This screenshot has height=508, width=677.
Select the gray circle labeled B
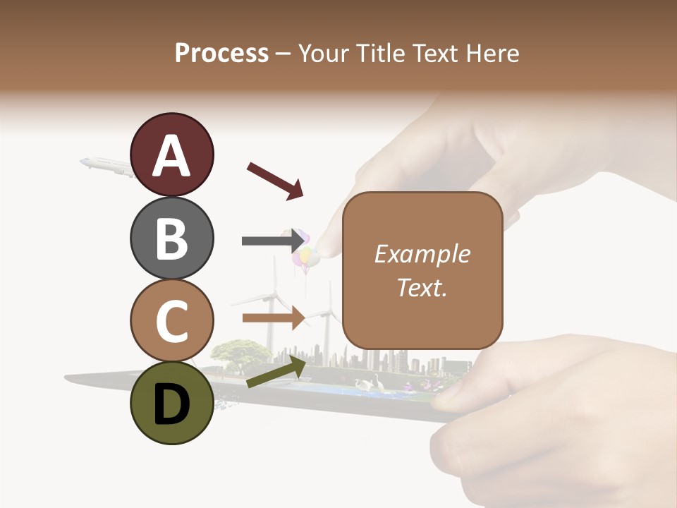click(x=171, y=238)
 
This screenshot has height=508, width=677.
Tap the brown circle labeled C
click(x=171, y=320)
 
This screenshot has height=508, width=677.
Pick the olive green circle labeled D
click(x=171, y=403)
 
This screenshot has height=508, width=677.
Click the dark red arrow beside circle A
click(x=275, y=180)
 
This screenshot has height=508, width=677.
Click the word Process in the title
click(x=221, y=53)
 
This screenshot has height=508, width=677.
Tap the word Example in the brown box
click(x=422, y=254)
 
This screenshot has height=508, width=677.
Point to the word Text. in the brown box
click(x=422, y=287)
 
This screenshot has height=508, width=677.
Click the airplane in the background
click(x=106, y=166)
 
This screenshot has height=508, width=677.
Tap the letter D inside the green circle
click(x=171, y=405)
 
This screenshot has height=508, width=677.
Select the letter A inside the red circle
click(x=171, y=157)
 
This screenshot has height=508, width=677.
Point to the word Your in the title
click(x=323, y=53)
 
